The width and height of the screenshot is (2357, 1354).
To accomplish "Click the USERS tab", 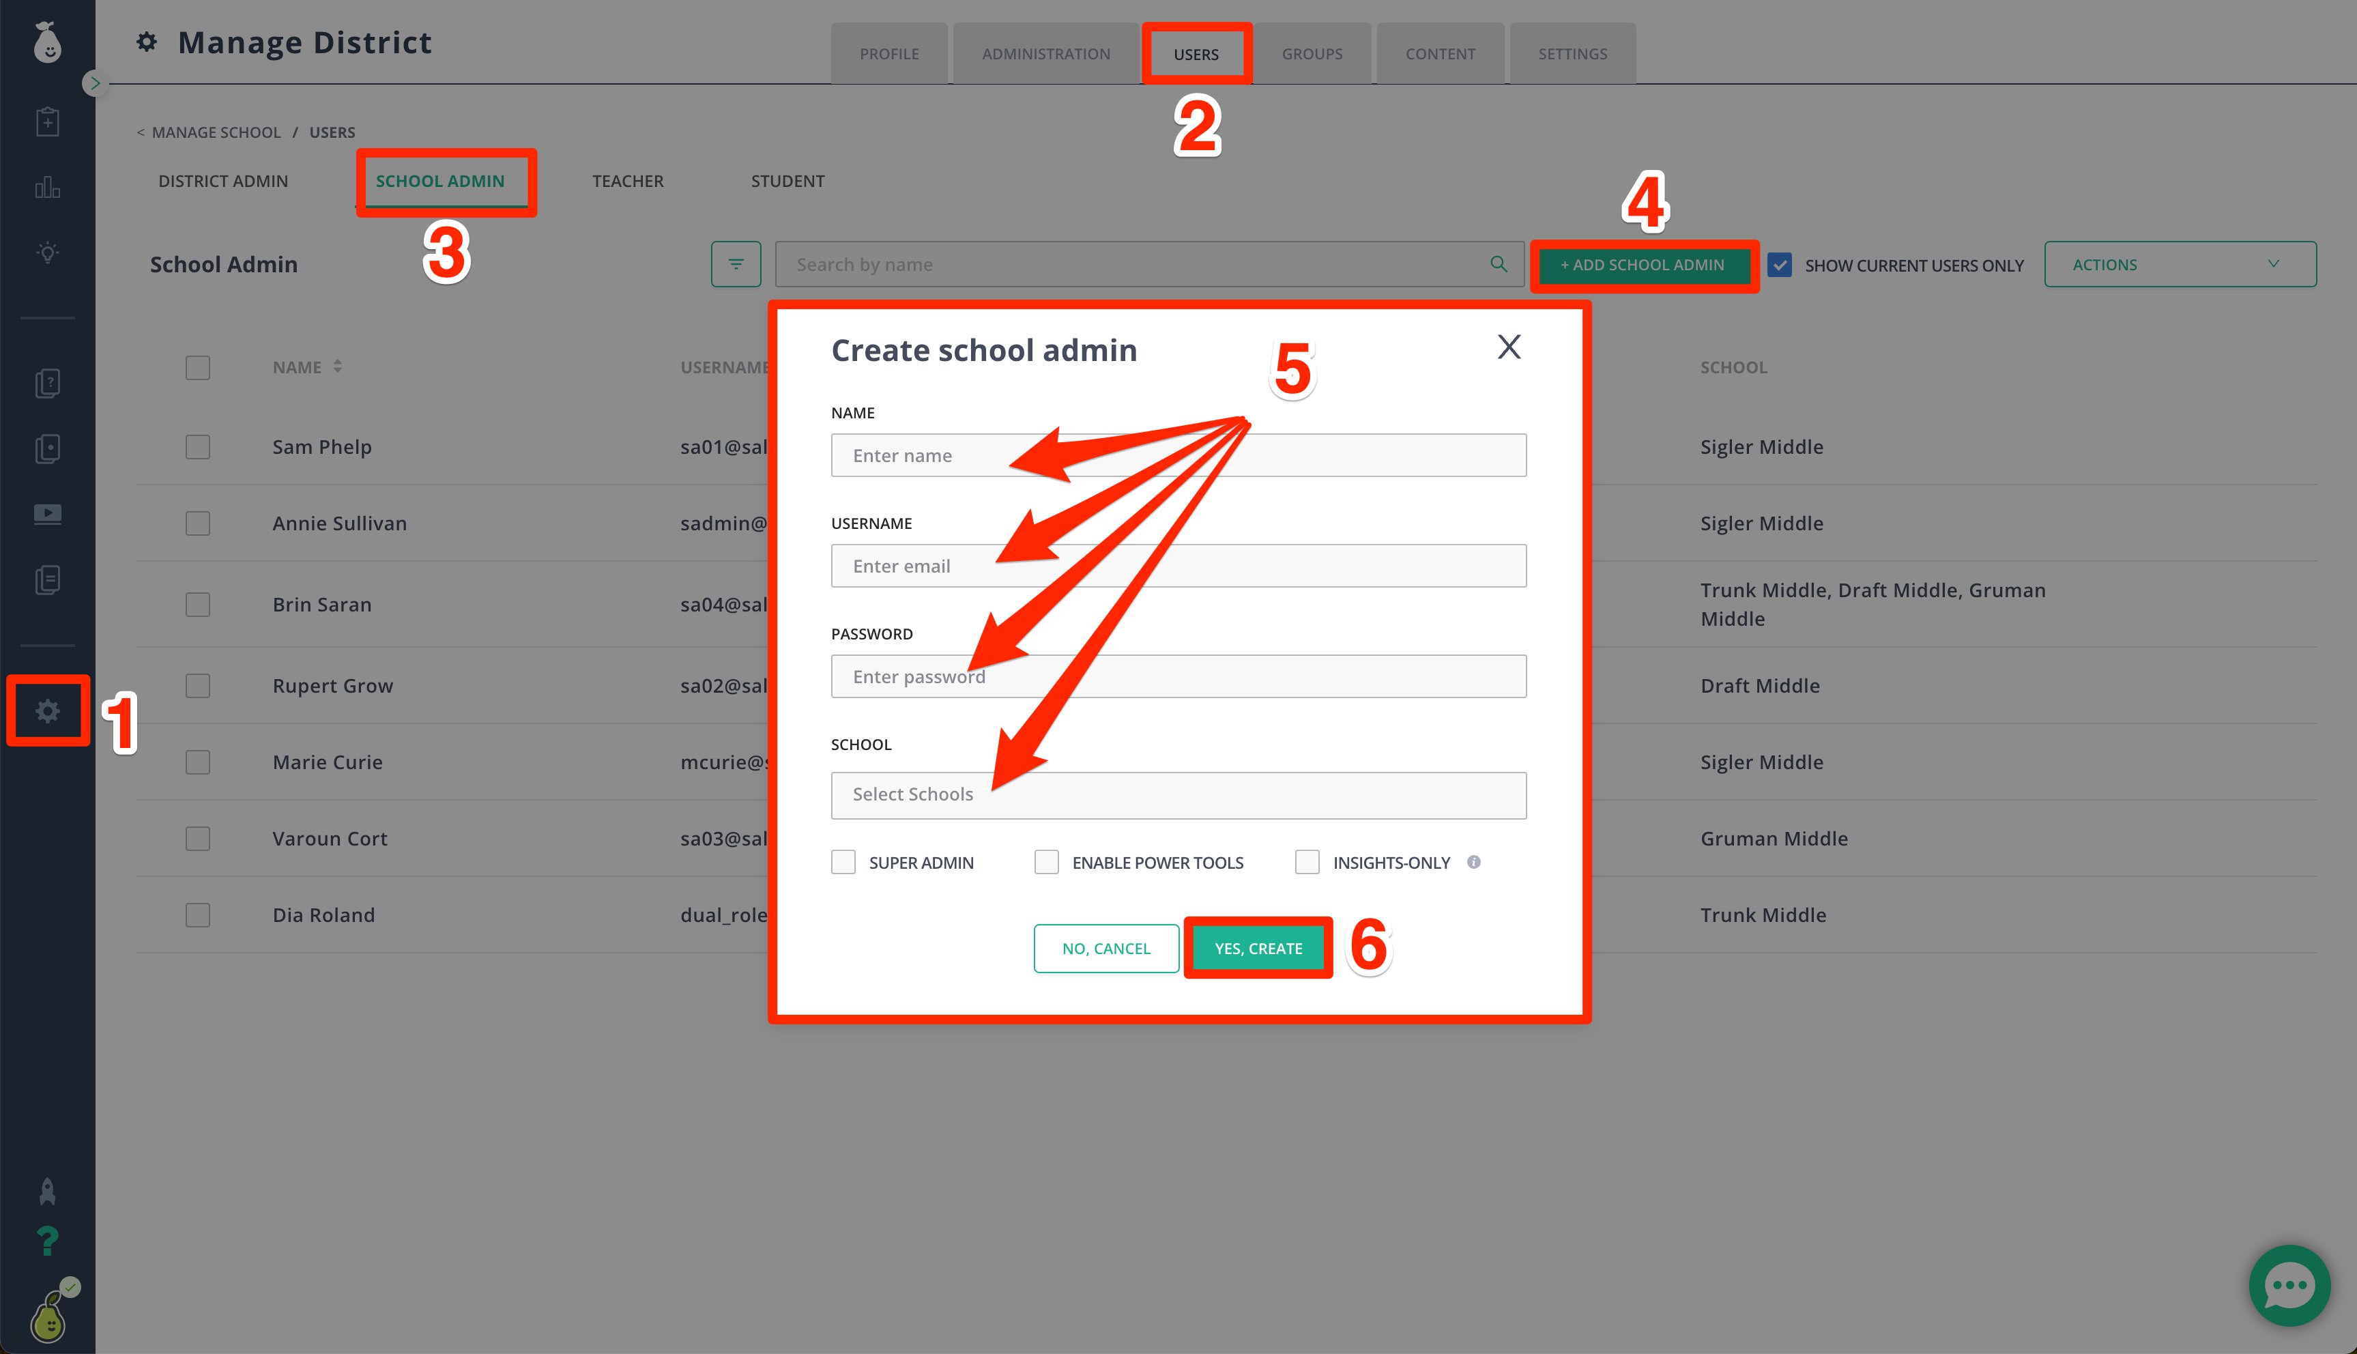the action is [1196, 54].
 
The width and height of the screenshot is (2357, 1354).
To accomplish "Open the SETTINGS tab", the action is [1572, 54].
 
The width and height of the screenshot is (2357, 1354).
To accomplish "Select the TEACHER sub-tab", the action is [628, 182].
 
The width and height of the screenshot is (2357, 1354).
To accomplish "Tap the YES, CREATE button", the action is [1258, 948].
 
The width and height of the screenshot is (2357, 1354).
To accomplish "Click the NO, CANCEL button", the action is [1106, 948].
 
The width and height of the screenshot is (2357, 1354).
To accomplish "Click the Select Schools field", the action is [1178, 795].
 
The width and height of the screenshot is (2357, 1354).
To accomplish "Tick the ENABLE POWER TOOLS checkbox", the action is [1046, 862].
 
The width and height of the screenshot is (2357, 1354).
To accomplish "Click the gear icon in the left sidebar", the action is [47, 711].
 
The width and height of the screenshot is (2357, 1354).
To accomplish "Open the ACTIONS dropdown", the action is [2180, 265].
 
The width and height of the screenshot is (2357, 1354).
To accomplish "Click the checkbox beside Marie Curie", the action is [198, 762].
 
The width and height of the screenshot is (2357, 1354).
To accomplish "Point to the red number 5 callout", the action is [1292, 369].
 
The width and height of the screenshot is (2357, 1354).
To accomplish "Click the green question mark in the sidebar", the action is [46, 1241].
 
